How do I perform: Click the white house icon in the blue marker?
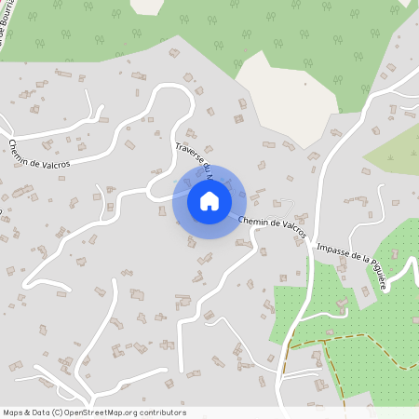pyautogui.click(x=209, y=200)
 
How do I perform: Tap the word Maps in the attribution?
pyautogui.click(x=13, y=412)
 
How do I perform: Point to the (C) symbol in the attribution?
pyautogui.click(x=57, y=412)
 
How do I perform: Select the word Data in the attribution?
pyautogui.click(x=40, y=412)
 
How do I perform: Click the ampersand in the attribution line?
pyautogui.click(x=27, y=412)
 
